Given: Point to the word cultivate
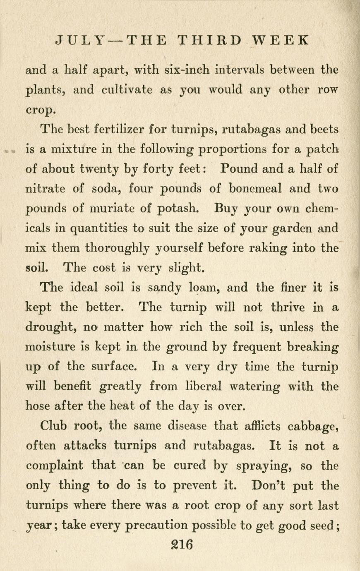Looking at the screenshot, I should [x=128, y=89].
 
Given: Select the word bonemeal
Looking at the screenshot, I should [x=254, y=189].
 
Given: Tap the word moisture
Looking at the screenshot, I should [x=53, y=347].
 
